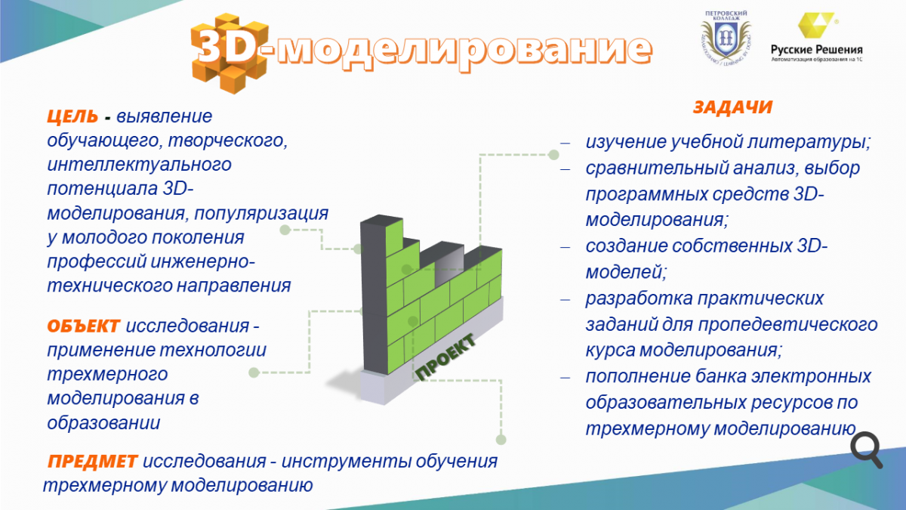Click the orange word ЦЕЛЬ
(x=72, y=116)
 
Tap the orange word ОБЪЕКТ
(x=83, y=326)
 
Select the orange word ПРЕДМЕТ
(x=93, y=462)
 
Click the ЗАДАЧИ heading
(x=732, y=107)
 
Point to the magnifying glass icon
(x=867, y=450)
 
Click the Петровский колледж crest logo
(x=726, y=39)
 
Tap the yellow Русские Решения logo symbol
(x=816, y=25)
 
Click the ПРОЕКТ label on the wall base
(x=445, y=357)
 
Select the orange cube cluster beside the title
(x=230, y=53)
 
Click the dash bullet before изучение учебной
(x=565, y=144)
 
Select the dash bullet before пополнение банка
(x=565, y=378)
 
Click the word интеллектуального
(x=139, y=165)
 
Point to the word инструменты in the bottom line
(x=346, y=462)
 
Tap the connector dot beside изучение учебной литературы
(x=553, y=155)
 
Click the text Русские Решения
(x=817, y=50)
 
